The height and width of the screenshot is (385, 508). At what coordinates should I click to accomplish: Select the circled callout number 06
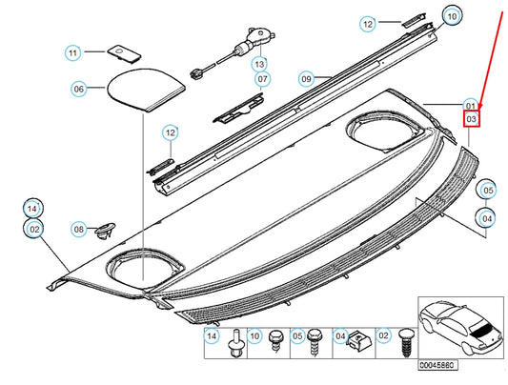(79, 89)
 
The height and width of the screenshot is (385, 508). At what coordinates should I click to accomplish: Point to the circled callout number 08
(78, 229)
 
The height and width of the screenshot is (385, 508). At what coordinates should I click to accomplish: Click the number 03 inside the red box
(471, 119)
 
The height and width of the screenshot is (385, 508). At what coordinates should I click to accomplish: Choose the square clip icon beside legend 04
(358, 336)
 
